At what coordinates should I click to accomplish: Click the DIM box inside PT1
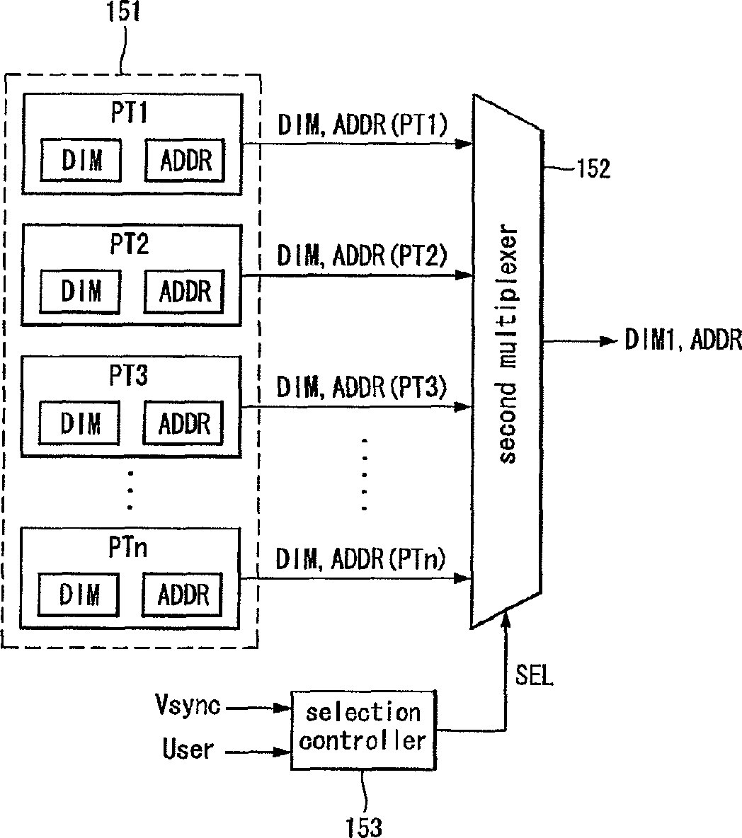tap(81, 160)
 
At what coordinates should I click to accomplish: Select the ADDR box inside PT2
tap(184, 292)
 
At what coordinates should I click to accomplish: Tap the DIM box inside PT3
tap(79, 423)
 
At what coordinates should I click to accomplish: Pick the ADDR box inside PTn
tap(182, 595)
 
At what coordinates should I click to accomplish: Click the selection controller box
tap(363, 730)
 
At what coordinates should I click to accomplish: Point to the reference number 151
tap(123, 11)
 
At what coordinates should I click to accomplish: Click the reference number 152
tap(593, 169)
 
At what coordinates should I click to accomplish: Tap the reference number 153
tap(364, 827)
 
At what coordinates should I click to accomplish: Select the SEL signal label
tap(534, 675)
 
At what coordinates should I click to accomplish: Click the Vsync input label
tap(188, 705)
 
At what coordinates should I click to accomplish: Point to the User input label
tap(188, 749)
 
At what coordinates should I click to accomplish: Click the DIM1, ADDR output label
tap(683, 340)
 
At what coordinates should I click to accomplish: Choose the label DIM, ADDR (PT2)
tap(361, 256)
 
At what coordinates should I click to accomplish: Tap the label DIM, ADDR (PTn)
tap(360, 559)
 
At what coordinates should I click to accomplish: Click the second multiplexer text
tap(507, 345)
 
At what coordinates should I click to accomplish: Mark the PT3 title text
tap(129, 375)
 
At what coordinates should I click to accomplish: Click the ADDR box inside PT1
tap(185, 160)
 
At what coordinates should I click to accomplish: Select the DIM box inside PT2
tap(80, 292)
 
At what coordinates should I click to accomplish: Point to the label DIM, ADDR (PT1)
tap(363, 125)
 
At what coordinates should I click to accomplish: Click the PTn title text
tap(127, 548)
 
